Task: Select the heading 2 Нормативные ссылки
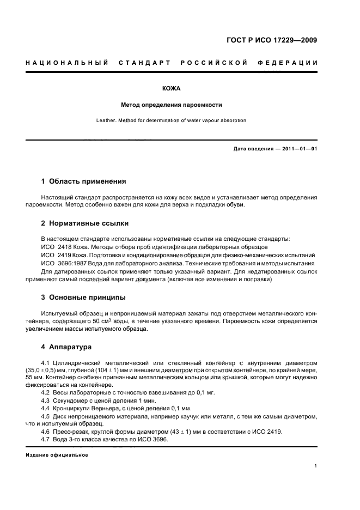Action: tap(85, 223)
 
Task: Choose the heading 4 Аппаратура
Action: tap(67, 347)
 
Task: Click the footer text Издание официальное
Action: tap(57, 455)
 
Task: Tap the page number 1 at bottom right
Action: tap(315, 466)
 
